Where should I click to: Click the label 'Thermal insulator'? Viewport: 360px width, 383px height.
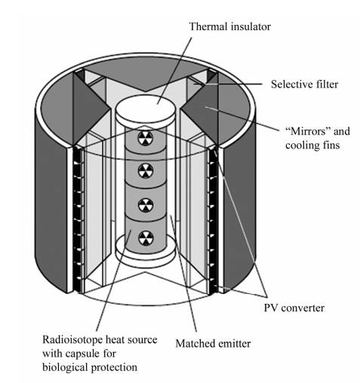229,26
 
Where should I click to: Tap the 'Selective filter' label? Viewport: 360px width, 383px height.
304,84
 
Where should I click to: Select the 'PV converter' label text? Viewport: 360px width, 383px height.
294,308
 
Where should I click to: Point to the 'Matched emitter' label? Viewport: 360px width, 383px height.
213,343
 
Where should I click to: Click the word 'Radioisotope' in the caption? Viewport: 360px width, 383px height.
72,340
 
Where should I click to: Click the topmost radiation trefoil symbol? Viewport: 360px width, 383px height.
145,138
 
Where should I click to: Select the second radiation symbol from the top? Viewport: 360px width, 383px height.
146,170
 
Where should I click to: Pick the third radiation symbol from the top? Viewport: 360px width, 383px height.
145,204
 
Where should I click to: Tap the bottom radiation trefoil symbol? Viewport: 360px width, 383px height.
146,238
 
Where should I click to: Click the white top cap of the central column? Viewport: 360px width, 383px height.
145,112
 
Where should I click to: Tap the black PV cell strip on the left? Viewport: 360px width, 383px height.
78,220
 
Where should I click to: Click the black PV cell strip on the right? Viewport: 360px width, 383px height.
213,220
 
